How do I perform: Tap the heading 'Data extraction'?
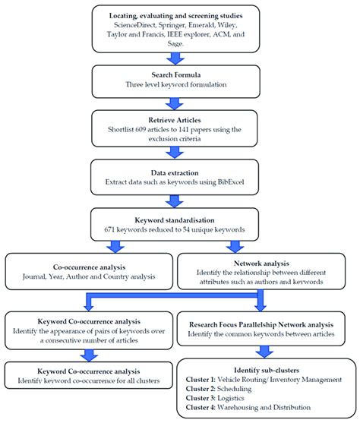coord(179,172)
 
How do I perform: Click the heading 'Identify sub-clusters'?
coord(261,366)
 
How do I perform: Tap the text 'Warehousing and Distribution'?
coord(271,409)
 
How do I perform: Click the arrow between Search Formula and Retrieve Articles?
coord(179,99)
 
